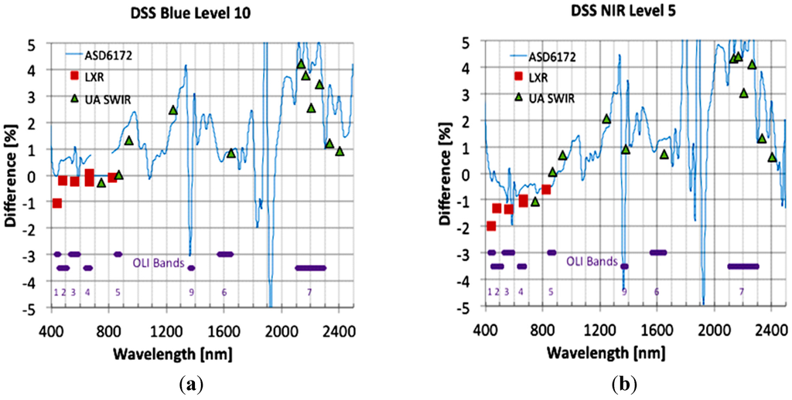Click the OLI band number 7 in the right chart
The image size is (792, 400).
(741, 293)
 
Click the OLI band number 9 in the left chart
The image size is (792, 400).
(191, 293)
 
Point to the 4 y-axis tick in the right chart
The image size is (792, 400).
(473, 68)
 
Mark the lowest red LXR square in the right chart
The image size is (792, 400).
(490, 225)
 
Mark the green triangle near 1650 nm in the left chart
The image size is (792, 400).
(230, 153)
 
